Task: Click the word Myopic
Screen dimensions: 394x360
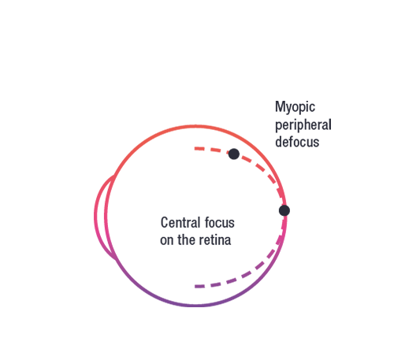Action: pyautogui.click(x=295, y=107)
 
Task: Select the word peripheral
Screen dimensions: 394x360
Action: pyautogui.click(x=303, y=124)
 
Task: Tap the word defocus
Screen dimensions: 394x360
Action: pyautogui.click(x=297, y=142)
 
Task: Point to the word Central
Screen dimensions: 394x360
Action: pyautogui.click(x=180, y=222)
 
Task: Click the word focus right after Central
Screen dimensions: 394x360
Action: pyautogui.click(x=220, y=222)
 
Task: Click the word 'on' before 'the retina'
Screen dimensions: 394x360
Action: pyautogui.click(x=166, y=241)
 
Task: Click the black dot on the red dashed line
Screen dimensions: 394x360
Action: pyautogui.click(x=234, y=154)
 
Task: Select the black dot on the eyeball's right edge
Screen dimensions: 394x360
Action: pyautogui.click(x=284, y=210)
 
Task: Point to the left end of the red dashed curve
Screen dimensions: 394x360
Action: pyautogui.click(x=195, y=149)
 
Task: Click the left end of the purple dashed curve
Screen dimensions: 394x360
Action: pyautogui.click(x=195, y=287)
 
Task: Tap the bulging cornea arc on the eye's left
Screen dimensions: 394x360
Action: pyautogui.click(x=95, y=217)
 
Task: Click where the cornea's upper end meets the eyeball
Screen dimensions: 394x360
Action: pyautogui.click(x=114, y=176)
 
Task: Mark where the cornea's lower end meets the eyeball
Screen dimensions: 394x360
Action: pyautogui.click(x=117, y=259)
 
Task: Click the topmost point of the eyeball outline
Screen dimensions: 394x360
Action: pyautogui.click(x=195, y=127)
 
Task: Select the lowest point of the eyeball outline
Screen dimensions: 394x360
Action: pyautogui.click(x=195, y=306)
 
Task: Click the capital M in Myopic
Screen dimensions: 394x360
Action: pyautogui.click(x=280, y=106)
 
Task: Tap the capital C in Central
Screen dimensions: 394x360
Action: pyautogui.click(x=164, y=222)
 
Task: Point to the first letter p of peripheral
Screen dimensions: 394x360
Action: pyautogui.click(x=278, y=126)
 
